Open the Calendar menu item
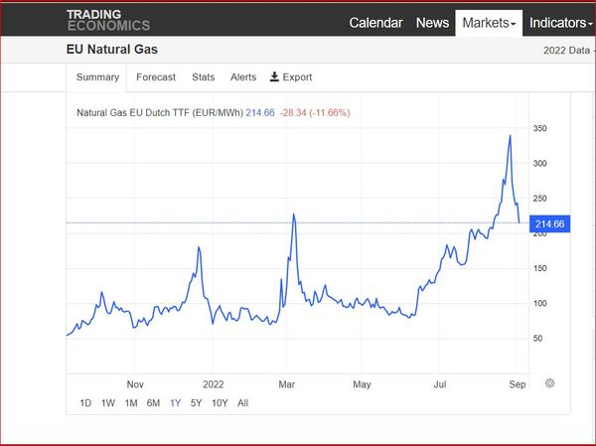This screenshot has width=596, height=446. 375,23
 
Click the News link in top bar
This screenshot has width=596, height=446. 432,23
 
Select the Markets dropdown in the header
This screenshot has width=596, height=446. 489,23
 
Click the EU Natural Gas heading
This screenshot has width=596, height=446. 112,50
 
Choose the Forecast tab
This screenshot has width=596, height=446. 156,77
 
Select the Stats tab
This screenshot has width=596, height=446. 203,77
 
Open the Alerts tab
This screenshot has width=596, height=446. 243,77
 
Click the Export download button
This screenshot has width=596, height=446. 291,77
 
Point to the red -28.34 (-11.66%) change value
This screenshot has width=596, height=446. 315,113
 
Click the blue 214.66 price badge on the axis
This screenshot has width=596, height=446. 549,224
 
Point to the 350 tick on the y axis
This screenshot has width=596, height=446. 540,129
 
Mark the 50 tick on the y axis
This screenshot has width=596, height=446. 537,339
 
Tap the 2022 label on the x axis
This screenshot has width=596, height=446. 213,382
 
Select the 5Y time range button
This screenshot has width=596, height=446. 196,403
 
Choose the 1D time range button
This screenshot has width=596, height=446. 85,403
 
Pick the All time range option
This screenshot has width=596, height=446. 242,403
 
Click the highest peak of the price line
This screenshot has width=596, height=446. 510,136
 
